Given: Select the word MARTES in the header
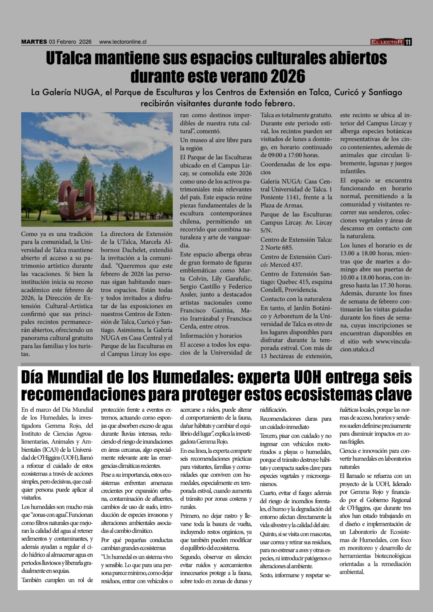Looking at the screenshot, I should (x=34, y=42).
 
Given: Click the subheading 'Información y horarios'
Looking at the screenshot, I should (x=211, y=336).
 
